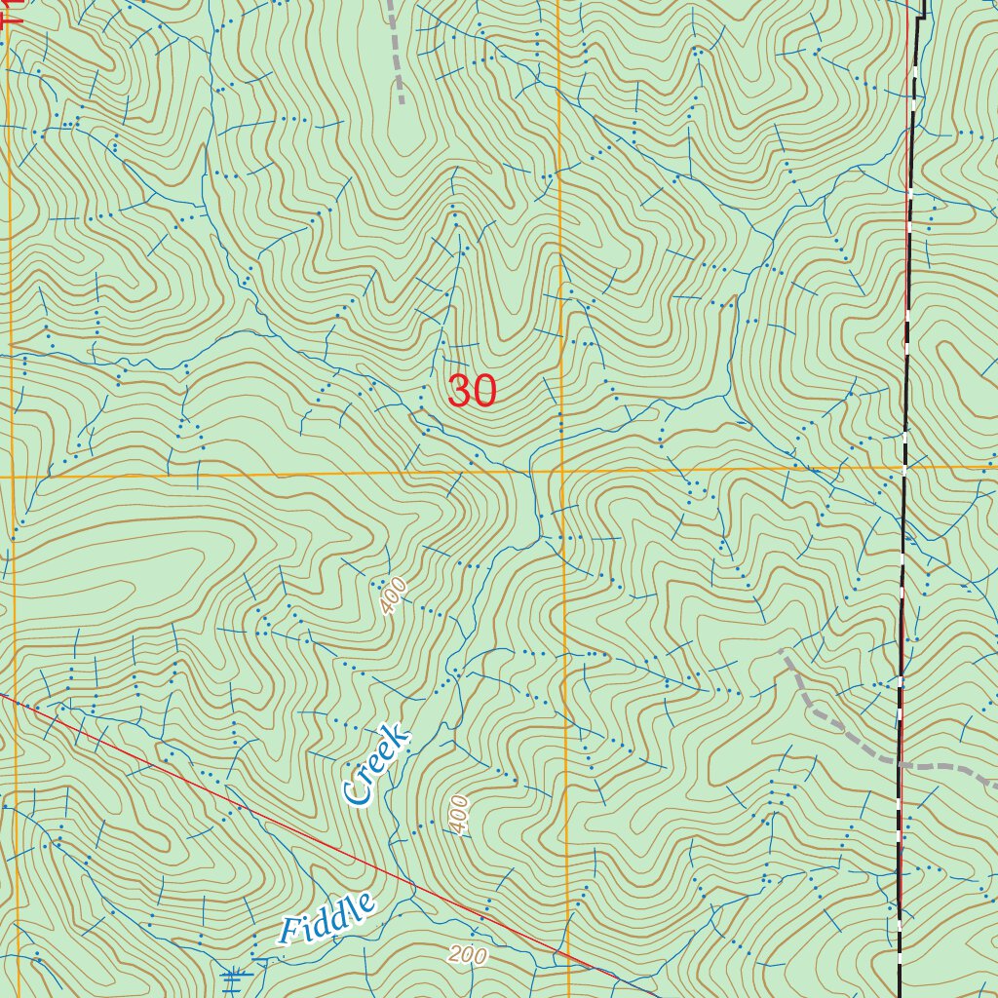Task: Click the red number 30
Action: click(473, 392)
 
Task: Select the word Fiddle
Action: click(326, 918)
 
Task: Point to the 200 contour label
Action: click(468, 955)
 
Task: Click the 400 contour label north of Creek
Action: click(393, 595)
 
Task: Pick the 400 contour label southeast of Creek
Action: click(459, 814)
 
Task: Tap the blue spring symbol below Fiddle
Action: click(235, 977)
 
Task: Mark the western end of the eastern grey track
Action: click(783, 651)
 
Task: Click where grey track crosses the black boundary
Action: click(899, 764)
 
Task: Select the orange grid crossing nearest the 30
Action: click(561, 474)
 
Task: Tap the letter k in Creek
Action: click(400, 736)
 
